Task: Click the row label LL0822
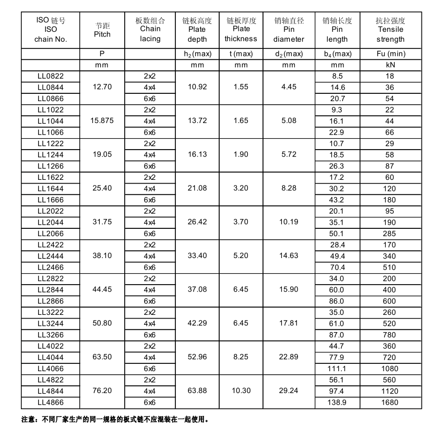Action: pyautogui.click(x=50, y=76)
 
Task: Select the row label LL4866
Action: pyautogui.click(x=50, y=402)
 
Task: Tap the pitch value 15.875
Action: pyautogui.click(x=102, y=121)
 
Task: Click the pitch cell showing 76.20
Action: pyautogui.click(x=102, y=391)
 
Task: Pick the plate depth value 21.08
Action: pyautogui.click(x=197, y=188)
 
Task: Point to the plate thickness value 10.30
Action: pyautogui.click(x=241, y=391)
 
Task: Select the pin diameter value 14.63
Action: pyautogui.click(x=289, y=256)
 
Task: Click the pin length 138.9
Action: pyautogui.click(x=337, y=402)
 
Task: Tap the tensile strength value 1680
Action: pyautogui.click(x=390, y=402)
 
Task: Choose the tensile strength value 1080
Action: pyautogui.click(x=390, y=369)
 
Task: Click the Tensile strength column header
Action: pyautogui.click(x=390, y=30)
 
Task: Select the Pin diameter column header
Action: pyautogui.click(x=289, y=30)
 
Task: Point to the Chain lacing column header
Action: pyautogui.click(x=150, y=30)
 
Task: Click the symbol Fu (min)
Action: pyautogui.click(x=390, y=54)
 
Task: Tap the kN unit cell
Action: pyautogui.click(x=390, y=65)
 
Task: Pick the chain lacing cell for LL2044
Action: pyautogui.click(x=150, y=222)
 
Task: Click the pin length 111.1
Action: pyautogui.click(x=337, y=369)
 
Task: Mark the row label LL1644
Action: pyautogui.click(x=50, y=188)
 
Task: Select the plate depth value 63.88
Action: pyautogui.click(x=197, y=391)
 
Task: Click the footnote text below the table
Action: pyautogui.click(x=115, y=419)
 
